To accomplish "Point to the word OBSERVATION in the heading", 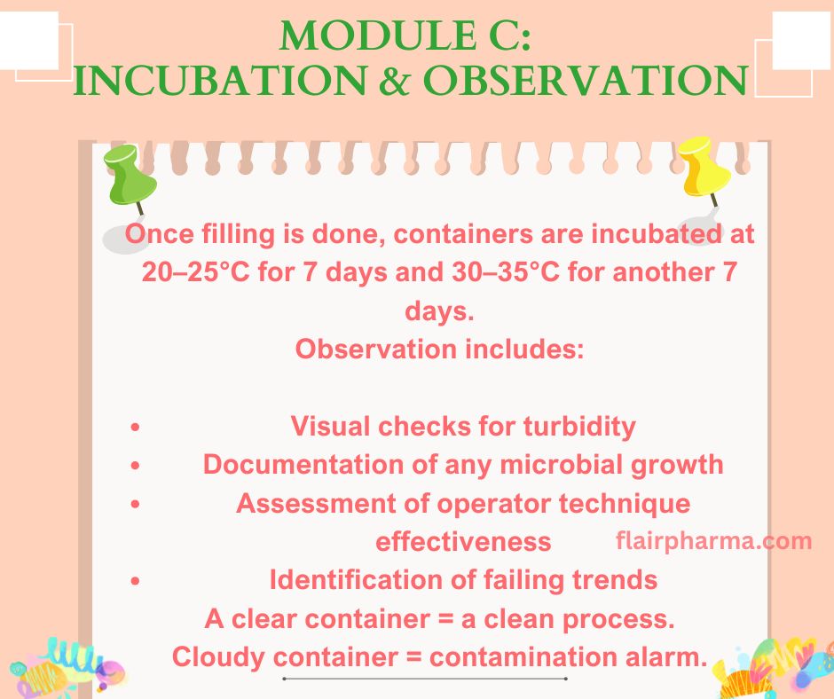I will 584,82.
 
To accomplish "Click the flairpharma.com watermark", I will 713,540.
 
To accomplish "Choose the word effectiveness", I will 463,541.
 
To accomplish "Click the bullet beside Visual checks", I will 135,428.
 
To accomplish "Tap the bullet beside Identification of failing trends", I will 135,581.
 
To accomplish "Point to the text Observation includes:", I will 439,349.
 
